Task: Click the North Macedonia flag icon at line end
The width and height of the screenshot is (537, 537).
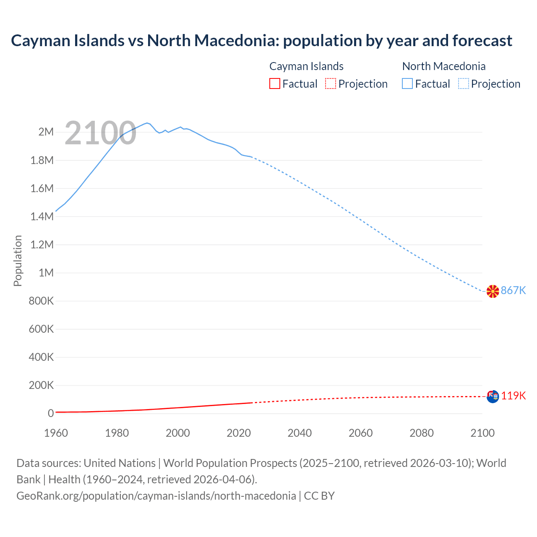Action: [x=493, y=291]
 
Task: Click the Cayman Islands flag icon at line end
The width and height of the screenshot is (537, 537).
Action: [x=493, y=396]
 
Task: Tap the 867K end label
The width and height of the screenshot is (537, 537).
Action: [x=513, y=290]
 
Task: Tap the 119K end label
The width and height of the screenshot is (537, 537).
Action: [x=513, y=396]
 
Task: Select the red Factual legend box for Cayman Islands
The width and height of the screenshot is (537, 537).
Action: [x=274, y=83]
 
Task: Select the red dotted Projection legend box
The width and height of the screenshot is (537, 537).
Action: [x=331, y=83]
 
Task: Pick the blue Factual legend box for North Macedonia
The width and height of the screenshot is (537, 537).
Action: [x=407, y=83]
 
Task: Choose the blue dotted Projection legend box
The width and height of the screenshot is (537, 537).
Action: [x=463, y=83]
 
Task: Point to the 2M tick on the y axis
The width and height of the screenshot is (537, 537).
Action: [x=46, y=132]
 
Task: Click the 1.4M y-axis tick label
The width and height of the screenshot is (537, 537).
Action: [x=42, y=216]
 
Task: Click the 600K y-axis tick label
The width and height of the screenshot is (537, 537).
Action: [x=41, y=329]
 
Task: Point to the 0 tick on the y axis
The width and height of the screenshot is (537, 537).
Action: [x=51, y=413]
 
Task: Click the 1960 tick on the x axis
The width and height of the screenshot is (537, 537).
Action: [x=56, y=433]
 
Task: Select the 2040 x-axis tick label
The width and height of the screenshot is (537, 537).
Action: [x=300, y=433]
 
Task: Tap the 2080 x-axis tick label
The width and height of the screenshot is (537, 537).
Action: [x=421, y=433]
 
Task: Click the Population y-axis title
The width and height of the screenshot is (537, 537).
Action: [x=18, y=261]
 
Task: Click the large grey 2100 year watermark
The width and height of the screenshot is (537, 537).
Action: [x=100, y=133]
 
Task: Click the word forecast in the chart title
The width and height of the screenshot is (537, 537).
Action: [x=482, y=41]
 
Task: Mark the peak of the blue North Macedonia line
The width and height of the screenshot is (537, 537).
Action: [x=147, y=123]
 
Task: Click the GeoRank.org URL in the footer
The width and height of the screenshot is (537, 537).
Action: [x=156, y=495]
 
